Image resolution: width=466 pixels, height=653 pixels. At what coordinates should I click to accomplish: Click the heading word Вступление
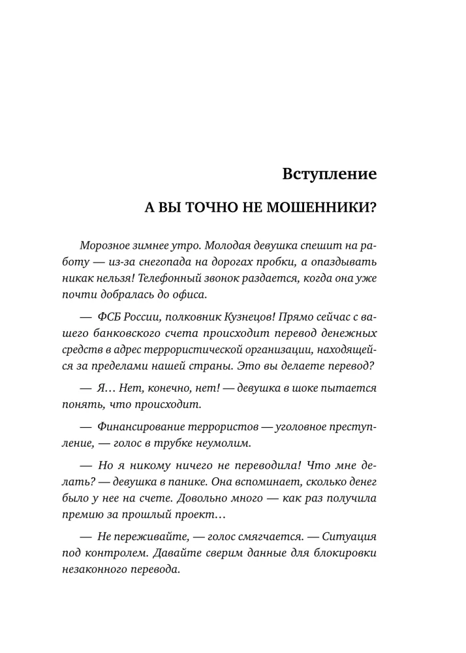(x=330, y=174)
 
